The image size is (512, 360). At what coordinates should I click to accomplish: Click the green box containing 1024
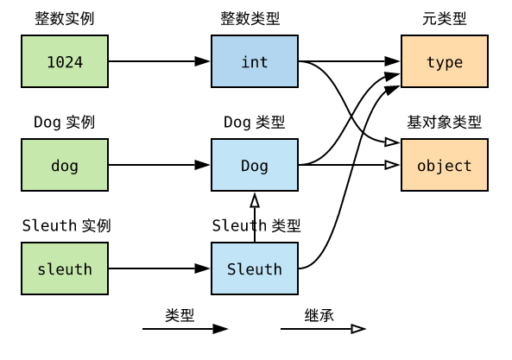(65, 61)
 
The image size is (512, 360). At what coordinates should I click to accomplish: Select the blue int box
(255, 61)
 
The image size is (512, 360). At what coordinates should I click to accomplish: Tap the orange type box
(445, 61)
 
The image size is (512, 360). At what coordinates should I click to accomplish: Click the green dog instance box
(65, 165)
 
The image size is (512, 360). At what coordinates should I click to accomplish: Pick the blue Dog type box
(255, 165)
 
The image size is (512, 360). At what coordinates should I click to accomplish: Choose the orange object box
(445, 165)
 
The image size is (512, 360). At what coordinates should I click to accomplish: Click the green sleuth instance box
(65, 268)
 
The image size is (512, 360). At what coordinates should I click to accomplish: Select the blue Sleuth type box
(255, 268)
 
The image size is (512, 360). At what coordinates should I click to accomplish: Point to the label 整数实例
(64, 19)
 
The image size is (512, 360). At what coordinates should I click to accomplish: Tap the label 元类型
(445, 19)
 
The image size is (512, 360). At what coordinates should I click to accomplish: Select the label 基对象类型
(445, 123)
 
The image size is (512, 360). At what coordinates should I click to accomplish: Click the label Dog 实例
(64, 123)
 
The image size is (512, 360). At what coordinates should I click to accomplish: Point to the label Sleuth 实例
(66, 226)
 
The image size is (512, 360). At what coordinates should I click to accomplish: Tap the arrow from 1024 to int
(160, 61)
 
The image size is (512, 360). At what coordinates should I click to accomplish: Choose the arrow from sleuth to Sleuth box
(160, 268)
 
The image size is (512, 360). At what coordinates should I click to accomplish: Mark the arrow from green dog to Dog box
(160, 165)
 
